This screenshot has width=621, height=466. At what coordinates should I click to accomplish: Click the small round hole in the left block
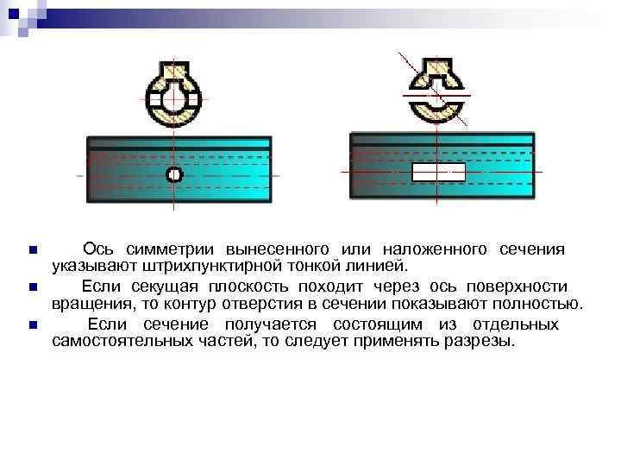(174, 175)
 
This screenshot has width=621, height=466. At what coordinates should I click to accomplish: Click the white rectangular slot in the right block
(438, 172)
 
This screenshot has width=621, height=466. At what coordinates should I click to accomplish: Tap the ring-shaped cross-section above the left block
(174, 97)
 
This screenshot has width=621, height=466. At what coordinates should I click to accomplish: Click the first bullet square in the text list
(32, 250)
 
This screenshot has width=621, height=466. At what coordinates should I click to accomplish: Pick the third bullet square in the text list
(32, 325)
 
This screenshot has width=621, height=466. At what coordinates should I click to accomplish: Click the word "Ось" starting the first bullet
(96, 249)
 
